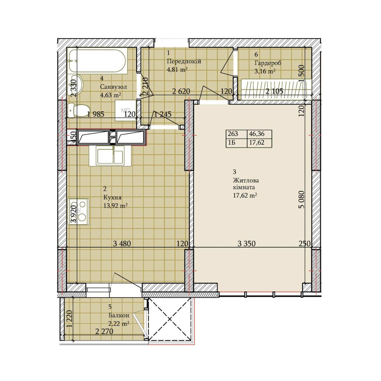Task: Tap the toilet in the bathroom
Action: (78, 110)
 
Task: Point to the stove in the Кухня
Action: (78, 212)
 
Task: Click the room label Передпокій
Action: (184, 61)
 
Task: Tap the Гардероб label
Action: (268, 63)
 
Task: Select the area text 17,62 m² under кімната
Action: (245, 195)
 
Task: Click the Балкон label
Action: (119, 315)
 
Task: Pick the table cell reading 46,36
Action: (259, 134)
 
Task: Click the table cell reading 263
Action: (236, 134)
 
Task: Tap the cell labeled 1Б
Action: (236, 143)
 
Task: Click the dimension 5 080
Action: (301, 200)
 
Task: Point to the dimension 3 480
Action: (122, 244)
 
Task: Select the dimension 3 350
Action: (246, 244)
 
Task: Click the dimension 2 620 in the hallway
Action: (181, 91)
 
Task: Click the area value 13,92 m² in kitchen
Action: (115, 206)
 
